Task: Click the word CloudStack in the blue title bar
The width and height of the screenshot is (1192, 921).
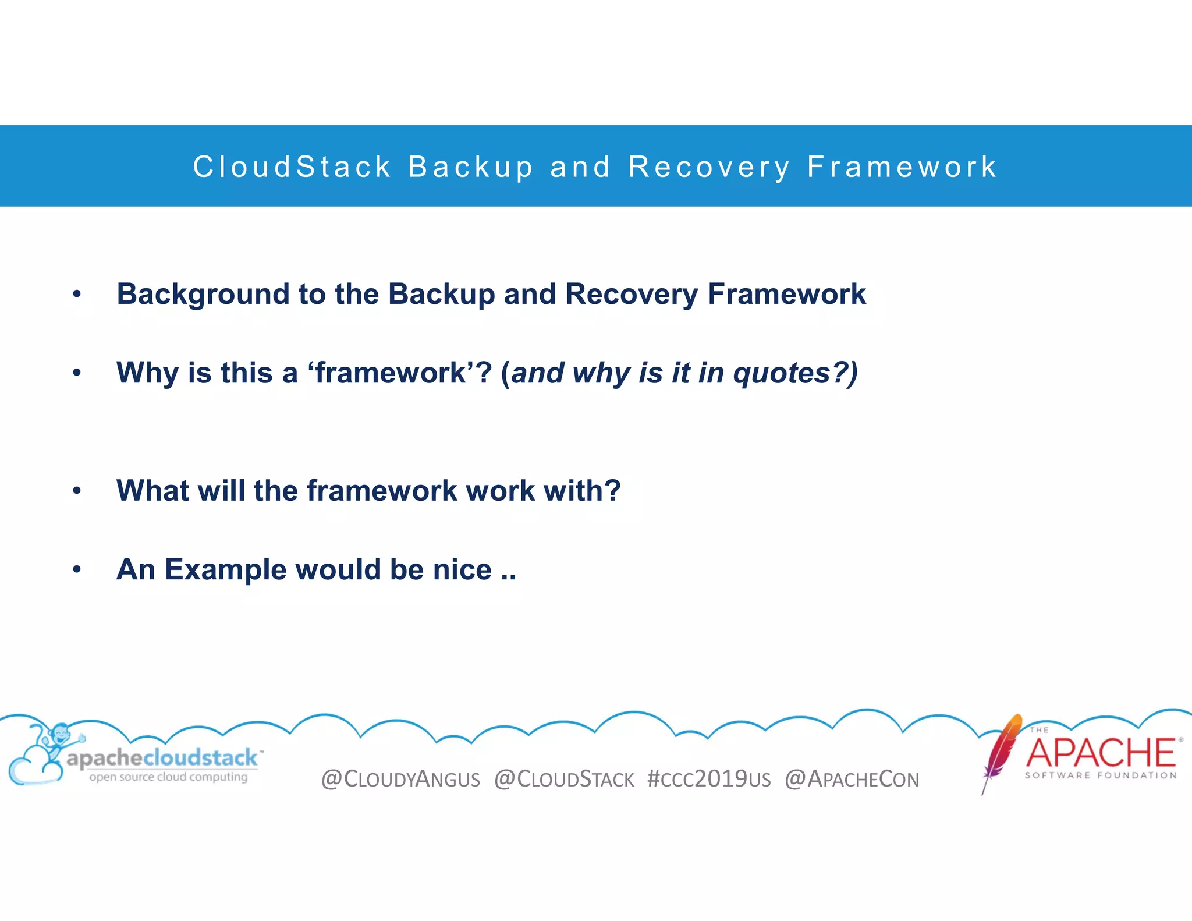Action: point(292,167)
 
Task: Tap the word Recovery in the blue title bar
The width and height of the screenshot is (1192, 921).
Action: point(709,167)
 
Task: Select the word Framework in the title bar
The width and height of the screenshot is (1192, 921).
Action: point(902,167)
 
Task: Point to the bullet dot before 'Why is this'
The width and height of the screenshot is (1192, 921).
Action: point(77,373)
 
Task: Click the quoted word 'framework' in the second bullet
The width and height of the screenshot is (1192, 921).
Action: point(391,373)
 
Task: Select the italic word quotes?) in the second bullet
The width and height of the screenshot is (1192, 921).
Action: point(794,373)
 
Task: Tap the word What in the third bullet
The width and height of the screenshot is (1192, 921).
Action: point(152,490)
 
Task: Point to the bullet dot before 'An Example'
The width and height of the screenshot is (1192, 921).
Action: point(77,569)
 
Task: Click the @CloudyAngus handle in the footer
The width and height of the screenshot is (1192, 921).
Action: point(400,779)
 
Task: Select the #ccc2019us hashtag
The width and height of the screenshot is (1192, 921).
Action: point(709,779)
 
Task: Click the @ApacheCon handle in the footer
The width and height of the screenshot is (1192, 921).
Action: point(852,779)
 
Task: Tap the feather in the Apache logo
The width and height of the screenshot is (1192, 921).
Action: point(1002,751)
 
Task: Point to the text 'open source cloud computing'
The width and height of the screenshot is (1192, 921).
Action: point(168,777)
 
